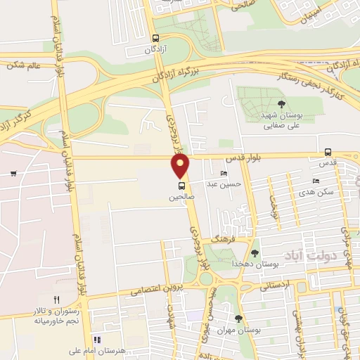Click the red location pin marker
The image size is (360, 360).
coord(181,166)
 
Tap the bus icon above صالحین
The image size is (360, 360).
coord(182,186)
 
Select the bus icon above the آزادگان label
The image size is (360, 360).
coord(155,39)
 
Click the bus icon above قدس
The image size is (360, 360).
coord(328,152)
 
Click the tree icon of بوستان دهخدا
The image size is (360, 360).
coord(255,253)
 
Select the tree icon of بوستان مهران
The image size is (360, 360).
coord(239,319)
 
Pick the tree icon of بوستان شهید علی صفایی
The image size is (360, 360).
coord(281,104)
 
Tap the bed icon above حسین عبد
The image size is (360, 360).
coord(224,174)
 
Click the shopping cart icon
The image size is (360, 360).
coord(13,172)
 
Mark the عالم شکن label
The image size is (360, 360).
coord(24,65)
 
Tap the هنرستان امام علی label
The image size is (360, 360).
coord(75,349)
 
